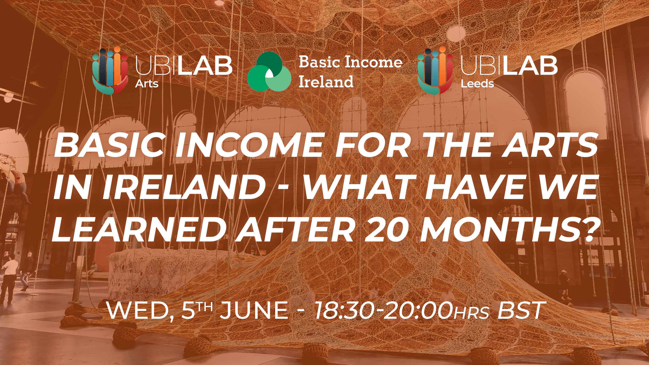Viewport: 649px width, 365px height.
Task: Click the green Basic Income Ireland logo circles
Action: coord(269,71)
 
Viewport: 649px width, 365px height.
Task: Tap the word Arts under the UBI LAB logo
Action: coord(147,84)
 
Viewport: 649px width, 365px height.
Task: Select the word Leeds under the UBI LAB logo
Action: coord(477,84)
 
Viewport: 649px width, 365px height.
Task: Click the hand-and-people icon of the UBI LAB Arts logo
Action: coord(110,71)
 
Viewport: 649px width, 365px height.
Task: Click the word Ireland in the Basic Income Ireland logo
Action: coord(326,82)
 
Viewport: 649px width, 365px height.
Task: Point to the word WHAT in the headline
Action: coord(359,187)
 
